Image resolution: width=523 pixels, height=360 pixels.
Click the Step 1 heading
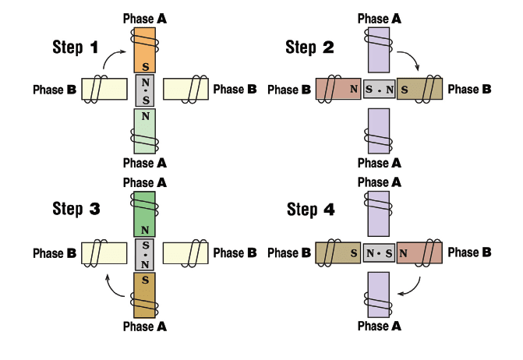pyautogui.click(x=76, y=47)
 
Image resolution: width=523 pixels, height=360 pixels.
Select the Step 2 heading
pyautogui.click(x=310, y=48)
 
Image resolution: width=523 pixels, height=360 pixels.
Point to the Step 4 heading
pyautogui.click(x=311, y=209)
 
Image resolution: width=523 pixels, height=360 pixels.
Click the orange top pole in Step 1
pyautogui.click(x=146, y=50)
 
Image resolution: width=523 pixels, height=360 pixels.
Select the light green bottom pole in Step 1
pyautogui.click(x=146, y=130)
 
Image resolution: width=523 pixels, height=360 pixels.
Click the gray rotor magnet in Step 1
pyautogui.click(x=146, y=90)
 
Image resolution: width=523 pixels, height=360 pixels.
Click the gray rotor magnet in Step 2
pyautogui.click(x=380, y=90)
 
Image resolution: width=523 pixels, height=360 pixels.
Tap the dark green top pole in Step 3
pyautogui.click(x=146, y=214)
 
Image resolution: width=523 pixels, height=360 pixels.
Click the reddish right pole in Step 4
pyautogui.click(x=421, y=253)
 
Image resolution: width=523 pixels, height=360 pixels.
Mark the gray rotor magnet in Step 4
pyautogui.click(x=380, y=253)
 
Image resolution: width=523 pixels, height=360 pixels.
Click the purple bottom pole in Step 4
pyautogui.click(x=380, y=294)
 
